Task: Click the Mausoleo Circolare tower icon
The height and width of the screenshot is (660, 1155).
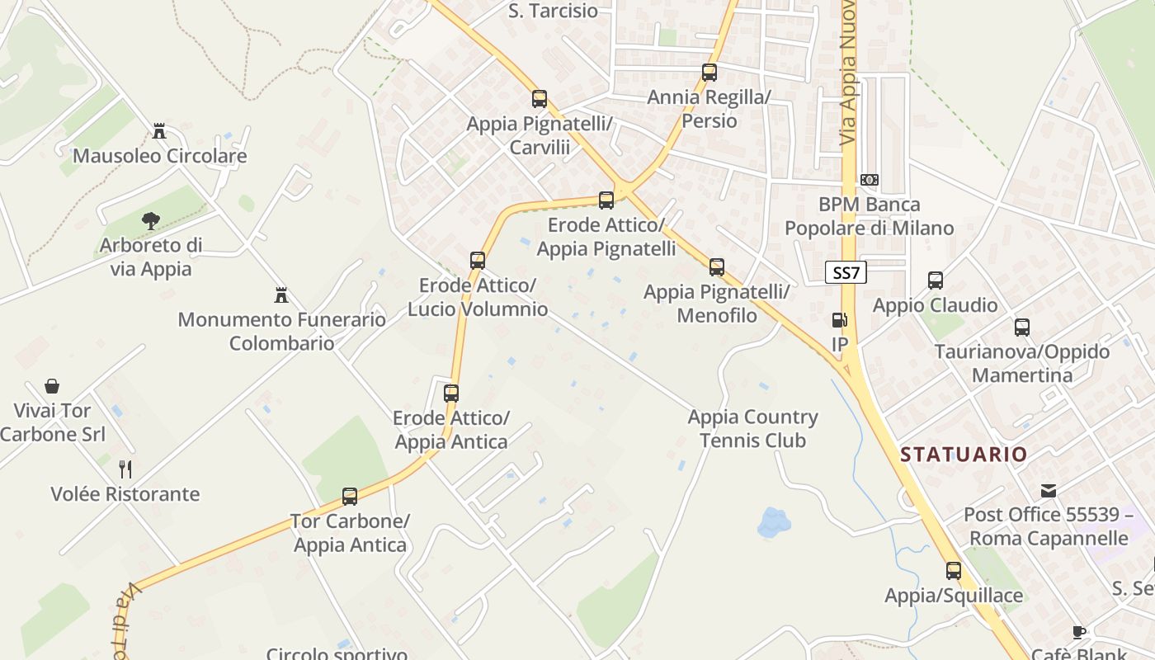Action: (x=159, y=130)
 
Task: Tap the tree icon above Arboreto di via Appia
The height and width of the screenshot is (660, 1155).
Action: (x=150, y=220)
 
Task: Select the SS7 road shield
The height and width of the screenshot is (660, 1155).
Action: (x=846, y=273)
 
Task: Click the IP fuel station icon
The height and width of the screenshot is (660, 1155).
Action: (x=839, y=320)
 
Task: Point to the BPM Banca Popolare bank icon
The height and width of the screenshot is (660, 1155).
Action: (x=869, y=179)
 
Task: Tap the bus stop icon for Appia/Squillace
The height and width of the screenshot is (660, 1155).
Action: (x=954, y=570)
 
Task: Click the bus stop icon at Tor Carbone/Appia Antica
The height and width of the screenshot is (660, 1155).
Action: (x=350, y=497)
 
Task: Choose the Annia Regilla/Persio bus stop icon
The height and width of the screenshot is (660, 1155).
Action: (x=709, y=72)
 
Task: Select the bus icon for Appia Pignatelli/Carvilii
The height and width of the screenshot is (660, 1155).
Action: (x=540, y=99)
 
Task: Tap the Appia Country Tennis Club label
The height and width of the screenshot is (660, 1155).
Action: (x=752, y=429)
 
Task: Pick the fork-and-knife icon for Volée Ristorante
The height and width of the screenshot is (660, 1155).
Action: (x=125, y=469)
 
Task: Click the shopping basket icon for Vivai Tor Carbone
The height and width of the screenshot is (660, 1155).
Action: (x=52, y=385)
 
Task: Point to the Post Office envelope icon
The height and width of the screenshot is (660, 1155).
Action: (x=1048, y=491)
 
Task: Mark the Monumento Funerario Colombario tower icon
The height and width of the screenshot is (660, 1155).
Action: (x=281, y=295)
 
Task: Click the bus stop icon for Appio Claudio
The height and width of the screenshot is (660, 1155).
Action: (x=935, y=280)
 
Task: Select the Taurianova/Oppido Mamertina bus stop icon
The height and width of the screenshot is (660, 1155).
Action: (x=1022, y=328)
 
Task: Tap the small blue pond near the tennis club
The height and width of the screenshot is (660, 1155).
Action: (x=774, y=522)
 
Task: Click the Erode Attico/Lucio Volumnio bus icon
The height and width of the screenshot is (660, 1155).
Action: (x=478, y=261)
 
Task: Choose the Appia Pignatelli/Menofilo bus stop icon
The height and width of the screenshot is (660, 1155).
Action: (x=717, y=267)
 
